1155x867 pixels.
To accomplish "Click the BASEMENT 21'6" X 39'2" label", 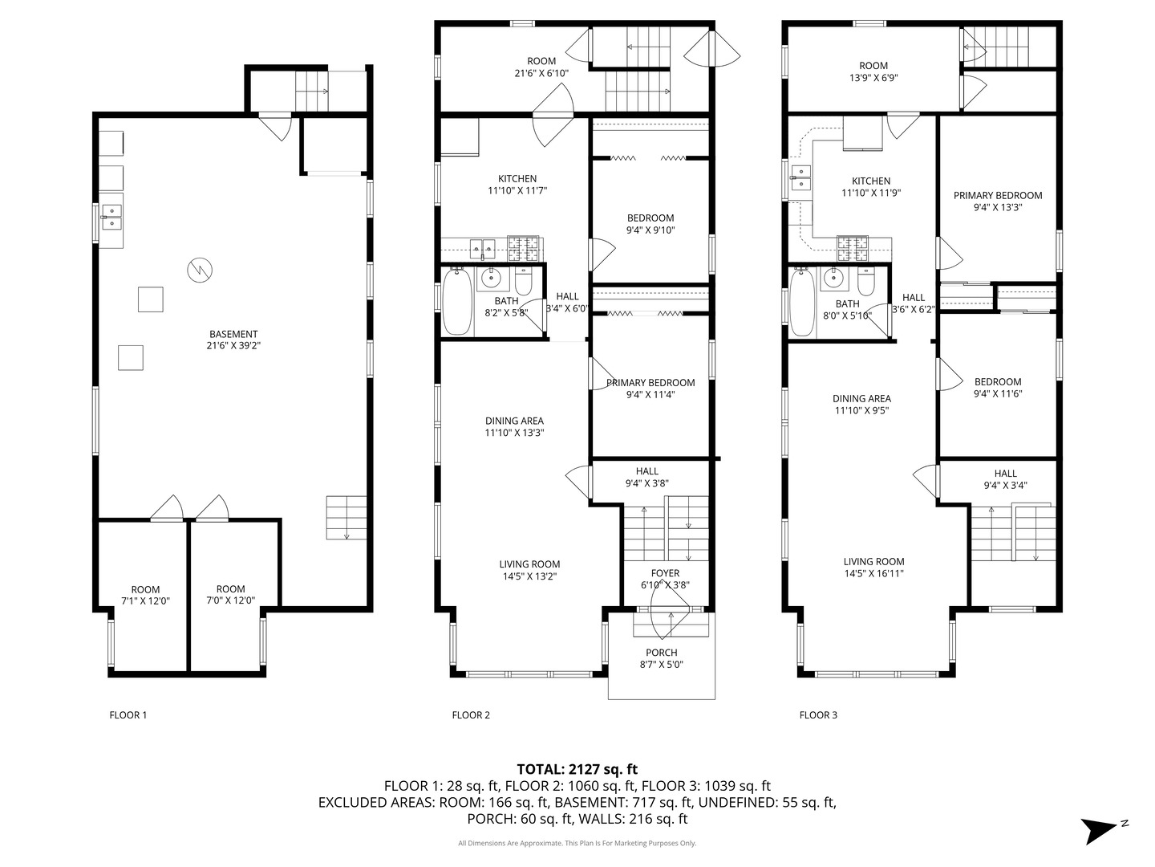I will click(x=233, y=340).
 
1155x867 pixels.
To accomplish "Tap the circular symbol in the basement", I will click(x=198, y=270).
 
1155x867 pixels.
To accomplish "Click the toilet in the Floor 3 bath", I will click(x=866, y=282).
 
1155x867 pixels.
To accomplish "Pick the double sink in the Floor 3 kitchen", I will click(x=800, y=178).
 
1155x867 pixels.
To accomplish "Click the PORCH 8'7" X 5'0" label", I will click(x=661, y=658).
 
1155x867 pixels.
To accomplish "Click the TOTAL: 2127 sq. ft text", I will click(x=577, y=769).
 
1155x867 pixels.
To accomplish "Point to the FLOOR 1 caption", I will click(x=128, y=714).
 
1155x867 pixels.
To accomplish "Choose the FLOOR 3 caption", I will click(x=818, y=714).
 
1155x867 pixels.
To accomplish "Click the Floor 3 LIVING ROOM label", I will click(x=873, y=568).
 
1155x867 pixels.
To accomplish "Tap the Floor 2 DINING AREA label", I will click(x=514, y=426).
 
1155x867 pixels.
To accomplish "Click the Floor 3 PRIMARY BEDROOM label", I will click(x=998, y=201).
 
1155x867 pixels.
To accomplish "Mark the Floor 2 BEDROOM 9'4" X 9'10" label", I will click(x=650, y=223).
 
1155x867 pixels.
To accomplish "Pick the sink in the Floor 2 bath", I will click(x=490, y=279).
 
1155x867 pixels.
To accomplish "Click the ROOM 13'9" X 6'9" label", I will click(x=873, y=71).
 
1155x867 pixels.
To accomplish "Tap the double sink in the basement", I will click(x=111, y=213).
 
